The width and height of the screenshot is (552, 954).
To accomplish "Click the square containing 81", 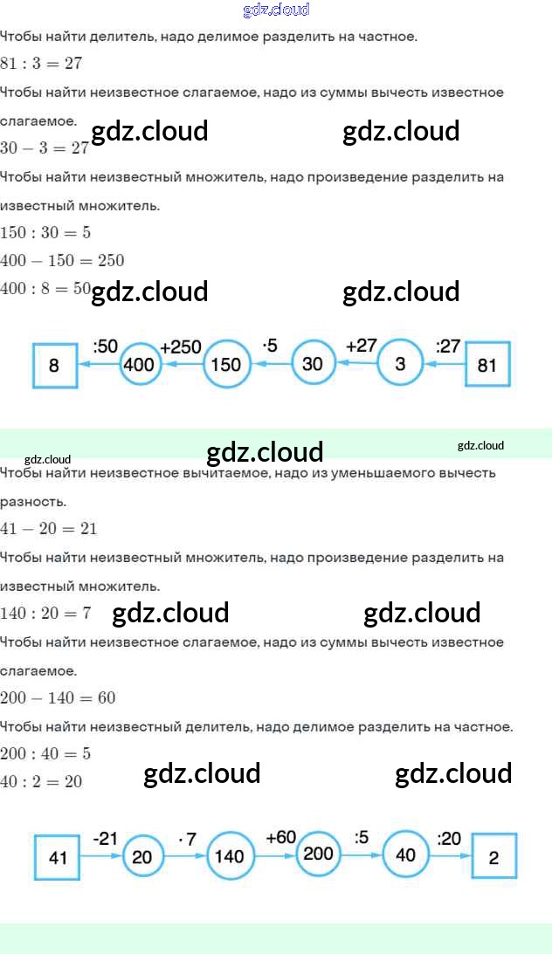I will [x=487, y=365].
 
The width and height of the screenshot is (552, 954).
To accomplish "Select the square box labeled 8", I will [x=54, y=365].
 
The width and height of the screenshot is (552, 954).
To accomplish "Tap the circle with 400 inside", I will [x=141, y=364].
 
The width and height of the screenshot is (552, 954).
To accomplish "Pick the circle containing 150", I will [x=226, y=364].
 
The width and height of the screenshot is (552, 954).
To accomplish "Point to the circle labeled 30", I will [x=313, y=363].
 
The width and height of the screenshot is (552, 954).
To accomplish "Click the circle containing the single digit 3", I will [x=399, y=363].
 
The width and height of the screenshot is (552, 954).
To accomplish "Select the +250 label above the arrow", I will [x=181, y=347].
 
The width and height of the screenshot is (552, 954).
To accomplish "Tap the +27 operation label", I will [x=362, y=346].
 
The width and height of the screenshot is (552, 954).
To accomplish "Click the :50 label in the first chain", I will [x=105, y=347].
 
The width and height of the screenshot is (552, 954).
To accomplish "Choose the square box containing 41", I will [x=58, y=856].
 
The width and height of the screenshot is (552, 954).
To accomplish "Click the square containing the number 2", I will [x=494, y=856].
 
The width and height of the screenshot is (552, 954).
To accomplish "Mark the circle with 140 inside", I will [x=230, y=856].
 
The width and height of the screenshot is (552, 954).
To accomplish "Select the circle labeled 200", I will [x=318, y=853].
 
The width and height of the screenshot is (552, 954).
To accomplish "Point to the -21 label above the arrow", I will [x=105, y=838].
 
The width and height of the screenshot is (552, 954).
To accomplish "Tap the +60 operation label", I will [x=281, y=837].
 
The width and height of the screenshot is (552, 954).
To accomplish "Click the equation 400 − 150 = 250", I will [x=62, y=260].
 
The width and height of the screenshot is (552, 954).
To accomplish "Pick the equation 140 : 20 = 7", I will [x=45, y=613].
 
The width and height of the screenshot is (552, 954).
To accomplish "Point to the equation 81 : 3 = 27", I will [x=41, y=64].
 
